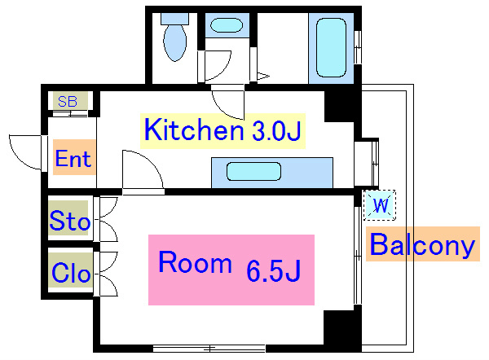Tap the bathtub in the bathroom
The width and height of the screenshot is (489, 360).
(331, 47)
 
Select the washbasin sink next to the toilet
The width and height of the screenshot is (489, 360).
(227, 25)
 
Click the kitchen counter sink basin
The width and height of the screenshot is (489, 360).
(253, 171)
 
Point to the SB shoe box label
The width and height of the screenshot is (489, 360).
(68, 102)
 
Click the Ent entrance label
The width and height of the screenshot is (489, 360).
(73, 158)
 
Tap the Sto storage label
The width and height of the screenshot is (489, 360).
(70, 221)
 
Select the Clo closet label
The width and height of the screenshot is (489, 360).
(71, 273)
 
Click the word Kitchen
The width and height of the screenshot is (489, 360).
(194, 130)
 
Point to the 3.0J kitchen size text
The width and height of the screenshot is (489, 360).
(276, 131)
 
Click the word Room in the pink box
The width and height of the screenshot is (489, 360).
(196, 262)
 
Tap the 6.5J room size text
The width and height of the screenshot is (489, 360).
(274, 270)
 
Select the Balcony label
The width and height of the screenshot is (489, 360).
(422, 244)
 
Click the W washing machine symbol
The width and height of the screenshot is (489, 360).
(380, 205)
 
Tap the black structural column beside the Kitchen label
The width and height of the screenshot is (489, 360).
(339, 106)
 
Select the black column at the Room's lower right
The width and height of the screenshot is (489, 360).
(339, 327)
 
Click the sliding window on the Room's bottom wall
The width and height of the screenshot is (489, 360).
(209, 348)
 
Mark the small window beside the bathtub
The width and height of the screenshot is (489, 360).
(358, 47)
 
